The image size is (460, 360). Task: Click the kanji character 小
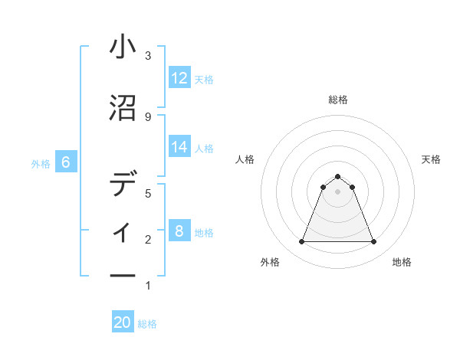(123, 47)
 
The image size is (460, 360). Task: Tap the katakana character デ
(123, 185)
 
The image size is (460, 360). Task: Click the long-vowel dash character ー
(123, 275)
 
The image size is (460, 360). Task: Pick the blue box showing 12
(179, 78)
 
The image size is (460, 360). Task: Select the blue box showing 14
(179, 147)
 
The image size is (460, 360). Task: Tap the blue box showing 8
(179, 231)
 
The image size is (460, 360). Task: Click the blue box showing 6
(66, 162)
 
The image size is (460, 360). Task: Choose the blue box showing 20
(123, 322)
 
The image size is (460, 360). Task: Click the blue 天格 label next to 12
(204, 79)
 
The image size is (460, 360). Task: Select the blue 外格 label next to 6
(41, 163)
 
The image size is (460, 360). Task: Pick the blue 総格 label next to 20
(147, 323)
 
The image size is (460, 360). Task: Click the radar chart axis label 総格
(337, 100)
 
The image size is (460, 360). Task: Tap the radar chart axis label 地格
(402, 262)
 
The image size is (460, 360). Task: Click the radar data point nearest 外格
(301, 242)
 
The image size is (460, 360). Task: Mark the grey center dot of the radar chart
(337, 191)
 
